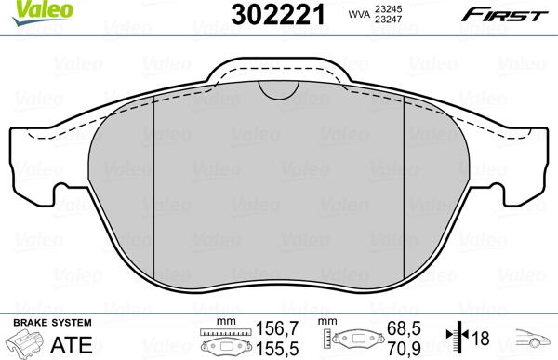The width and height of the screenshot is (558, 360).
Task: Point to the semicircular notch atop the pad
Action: coord(276,87)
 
